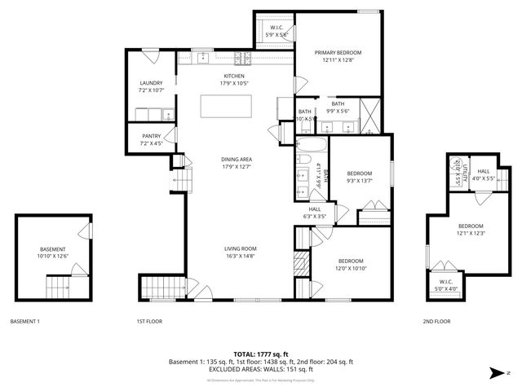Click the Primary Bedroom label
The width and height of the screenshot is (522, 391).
(x=341, y=56)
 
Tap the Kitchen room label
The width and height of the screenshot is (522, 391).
(x=235, y=80)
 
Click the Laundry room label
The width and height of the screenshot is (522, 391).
(x=152, y=86)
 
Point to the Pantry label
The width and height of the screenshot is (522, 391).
(x=152, y=139)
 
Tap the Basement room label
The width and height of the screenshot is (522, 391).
(x=53, y=253)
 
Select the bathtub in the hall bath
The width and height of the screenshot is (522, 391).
(x=311, y=149)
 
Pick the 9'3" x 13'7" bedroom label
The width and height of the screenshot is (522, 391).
(x=359, y=177)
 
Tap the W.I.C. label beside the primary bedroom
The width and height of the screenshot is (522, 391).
(x=276, y=32)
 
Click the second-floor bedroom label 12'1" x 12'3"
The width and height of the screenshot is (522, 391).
(x=470, y=230)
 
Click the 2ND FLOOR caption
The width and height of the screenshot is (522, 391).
(x=436, y=322)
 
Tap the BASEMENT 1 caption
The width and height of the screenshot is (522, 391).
(x=24, y=322)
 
